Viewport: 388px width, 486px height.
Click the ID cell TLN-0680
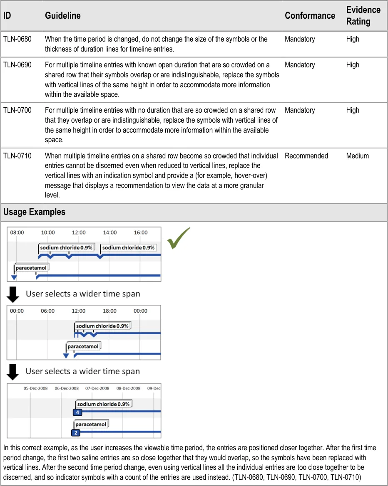(x=17, y=39)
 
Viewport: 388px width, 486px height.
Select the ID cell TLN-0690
(x=17, y=65)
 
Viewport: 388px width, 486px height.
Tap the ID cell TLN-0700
(x=17, y=110)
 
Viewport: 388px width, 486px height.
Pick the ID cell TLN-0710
(x=17, y=156)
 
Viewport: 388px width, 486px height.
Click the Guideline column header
(x=62, y=16)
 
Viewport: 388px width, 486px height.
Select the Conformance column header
(x=310, y=16)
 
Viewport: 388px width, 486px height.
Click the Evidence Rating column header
(x=363, y=16)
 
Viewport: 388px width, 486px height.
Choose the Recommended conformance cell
(x=306, y=156)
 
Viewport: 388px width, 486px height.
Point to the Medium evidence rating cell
(x=357, y=156)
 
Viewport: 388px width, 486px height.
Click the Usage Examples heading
(x=34, y=212)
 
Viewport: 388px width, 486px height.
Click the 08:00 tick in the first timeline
(x=17, y=232)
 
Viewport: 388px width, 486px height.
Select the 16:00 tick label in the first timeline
(x=141, y=232)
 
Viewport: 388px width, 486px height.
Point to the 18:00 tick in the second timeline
(x=109, y=311)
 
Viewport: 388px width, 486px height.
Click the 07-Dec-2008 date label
(x=97, y=388)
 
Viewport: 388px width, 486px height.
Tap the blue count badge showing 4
(x=77, y=412)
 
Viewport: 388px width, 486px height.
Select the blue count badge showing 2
(x=75, y=433)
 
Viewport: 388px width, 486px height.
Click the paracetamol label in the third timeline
(x=91, y=424)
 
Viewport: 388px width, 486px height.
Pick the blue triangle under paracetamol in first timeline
(x=14, y=277)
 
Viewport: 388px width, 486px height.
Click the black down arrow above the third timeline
(x=13, y=372)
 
